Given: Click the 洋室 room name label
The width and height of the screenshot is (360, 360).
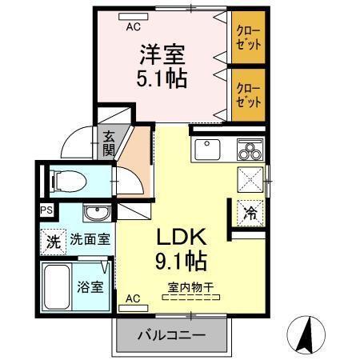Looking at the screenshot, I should click(x=164, y=56).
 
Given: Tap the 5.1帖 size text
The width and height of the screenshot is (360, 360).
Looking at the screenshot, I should click(x=164, y=80).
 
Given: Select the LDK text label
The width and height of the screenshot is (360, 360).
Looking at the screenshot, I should click(x=181, y=238).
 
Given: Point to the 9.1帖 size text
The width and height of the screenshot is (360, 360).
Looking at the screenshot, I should click(x=181, y=260).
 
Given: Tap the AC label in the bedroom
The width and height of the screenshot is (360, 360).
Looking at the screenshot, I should click(x=130, y=25).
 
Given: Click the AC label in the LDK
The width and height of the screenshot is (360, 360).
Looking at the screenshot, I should click(x=134, y=298).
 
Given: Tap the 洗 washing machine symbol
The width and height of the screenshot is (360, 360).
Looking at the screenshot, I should click(x=52, y=239).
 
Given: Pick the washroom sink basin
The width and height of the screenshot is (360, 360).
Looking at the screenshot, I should click(x=97, y=214).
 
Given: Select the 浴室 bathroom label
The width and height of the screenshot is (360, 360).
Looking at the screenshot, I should click(x=90, y=286).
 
